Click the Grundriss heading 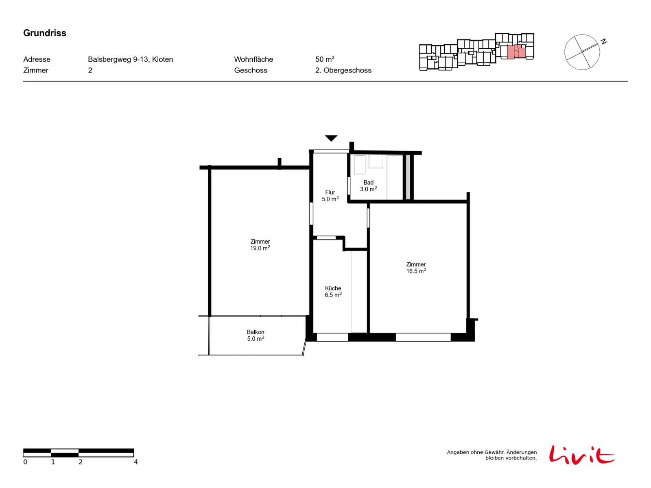tap(44, 33)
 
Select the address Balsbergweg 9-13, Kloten tap(130, 59)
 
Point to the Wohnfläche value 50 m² tap(324, 59)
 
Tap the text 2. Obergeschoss tap(343, 70)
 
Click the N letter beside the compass tap(603, 42)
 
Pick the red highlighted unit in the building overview tap(516, 52)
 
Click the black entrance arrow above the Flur tap(331, 138)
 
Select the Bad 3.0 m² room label tap(368, 185)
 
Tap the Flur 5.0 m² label tap(330, 196)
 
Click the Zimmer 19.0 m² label tap(260, 245)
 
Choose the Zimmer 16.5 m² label tap(416, 268)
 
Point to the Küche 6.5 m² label tap(333, 292)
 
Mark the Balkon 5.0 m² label tap(256, 335)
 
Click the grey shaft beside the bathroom tap(408, 177)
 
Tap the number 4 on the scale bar tap(135, 462)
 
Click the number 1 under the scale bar tap(53, 462)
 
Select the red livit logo tap(581, 455)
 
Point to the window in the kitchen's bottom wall tap(332, 337)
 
